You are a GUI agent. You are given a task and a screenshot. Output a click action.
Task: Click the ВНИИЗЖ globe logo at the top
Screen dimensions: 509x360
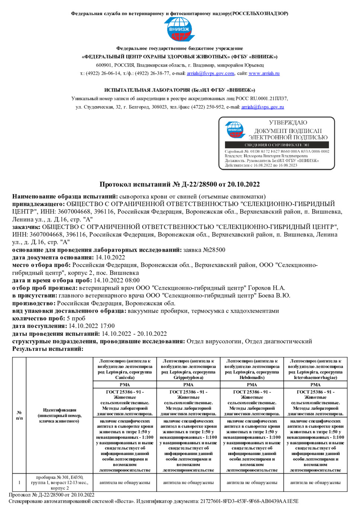click(x=179, y=29)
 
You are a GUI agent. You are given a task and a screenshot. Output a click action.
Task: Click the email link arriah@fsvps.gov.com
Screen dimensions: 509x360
click(x=210, y=73)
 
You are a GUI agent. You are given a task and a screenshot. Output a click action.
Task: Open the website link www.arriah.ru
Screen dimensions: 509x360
click(x=264, y=73)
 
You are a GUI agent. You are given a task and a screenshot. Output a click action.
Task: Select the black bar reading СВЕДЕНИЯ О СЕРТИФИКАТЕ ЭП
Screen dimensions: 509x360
click(x=277, y=145)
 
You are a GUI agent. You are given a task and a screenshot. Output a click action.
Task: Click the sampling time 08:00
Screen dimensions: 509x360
click(x=132, y=280)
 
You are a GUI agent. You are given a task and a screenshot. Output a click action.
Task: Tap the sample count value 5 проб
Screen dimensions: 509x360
click(x=76, y=318)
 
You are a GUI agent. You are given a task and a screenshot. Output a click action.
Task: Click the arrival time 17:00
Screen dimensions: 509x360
click(x=107, y=326)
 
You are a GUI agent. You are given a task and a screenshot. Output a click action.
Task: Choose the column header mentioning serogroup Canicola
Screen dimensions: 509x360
click(x=125, y=369)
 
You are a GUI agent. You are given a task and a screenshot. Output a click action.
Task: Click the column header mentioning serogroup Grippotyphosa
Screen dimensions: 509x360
click(x=188, y=369)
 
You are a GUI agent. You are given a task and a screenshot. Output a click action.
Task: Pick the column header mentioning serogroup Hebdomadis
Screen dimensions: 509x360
click(x=252, y=369)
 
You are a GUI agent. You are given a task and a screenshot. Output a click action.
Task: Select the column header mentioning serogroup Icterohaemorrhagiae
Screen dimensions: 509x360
click(x=315, y=369)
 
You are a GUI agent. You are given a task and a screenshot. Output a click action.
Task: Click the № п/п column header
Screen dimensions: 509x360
click(x=19, y=415)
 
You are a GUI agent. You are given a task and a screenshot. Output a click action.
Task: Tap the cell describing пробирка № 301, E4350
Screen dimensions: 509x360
click(x=60, y=483)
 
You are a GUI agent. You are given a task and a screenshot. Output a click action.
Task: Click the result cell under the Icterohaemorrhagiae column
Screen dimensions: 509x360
click(x=315, y=483)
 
